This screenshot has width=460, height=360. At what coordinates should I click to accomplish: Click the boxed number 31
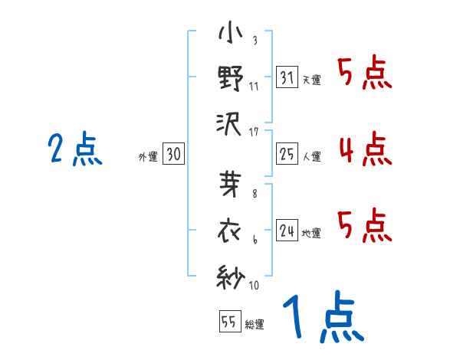coord(287,77)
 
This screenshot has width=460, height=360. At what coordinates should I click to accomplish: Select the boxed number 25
coord(287,154)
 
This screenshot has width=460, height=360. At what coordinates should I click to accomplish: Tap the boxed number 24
coord(287,231)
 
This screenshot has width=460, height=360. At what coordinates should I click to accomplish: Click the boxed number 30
coord(173,154)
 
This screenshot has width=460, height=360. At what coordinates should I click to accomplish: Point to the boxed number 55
coord(229,322)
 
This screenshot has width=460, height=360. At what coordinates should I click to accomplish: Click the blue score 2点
coord(75,149)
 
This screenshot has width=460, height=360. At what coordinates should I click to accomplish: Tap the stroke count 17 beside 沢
coord(254,131)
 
